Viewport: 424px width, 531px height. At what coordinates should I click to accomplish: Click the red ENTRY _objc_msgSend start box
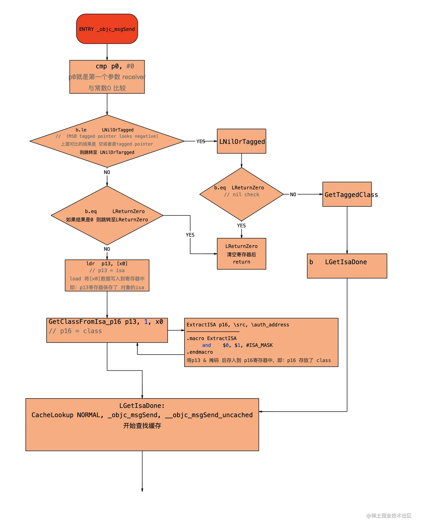coord(107,29)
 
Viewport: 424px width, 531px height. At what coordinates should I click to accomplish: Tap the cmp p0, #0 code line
coord(115,66)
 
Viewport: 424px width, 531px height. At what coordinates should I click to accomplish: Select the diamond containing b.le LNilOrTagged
coord(107,141)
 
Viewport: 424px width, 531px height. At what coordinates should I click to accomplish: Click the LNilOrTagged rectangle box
coord(242,142)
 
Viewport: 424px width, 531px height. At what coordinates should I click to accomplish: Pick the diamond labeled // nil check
coord(241,194)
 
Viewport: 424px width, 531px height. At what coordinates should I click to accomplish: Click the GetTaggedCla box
coord(347,195)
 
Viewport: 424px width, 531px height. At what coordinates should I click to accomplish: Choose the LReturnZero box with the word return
coord(241,254)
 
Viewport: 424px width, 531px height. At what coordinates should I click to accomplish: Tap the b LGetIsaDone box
coord(347,266)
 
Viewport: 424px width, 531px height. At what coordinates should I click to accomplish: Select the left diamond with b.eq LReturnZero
coord(107,215)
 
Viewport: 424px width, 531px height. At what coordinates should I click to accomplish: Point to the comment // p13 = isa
coord(107,270)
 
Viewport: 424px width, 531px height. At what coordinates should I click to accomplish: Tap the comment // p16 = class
coord(75,331)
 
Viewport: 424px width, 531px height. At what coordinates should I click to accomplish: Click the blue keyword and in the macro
coord(206,345)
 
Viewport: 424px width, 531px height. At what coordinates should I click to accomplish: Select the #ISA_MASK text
coord(259,345)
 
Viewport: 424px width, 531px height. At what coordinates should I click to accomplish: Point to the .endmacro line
coord(200,352)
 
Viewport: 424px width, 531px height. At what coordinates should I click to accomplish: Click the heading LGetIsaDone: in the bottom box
coord(142,406)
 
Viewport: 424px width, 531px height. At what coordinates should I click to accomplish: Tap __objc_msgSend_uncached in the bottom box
coord(209,415)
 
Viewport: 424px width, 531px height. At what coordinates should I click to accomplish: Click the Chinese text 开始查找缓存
coord(142,426)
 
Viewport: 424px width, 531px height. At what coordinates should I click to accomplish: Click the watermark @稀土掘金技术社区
coord(389,515)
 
